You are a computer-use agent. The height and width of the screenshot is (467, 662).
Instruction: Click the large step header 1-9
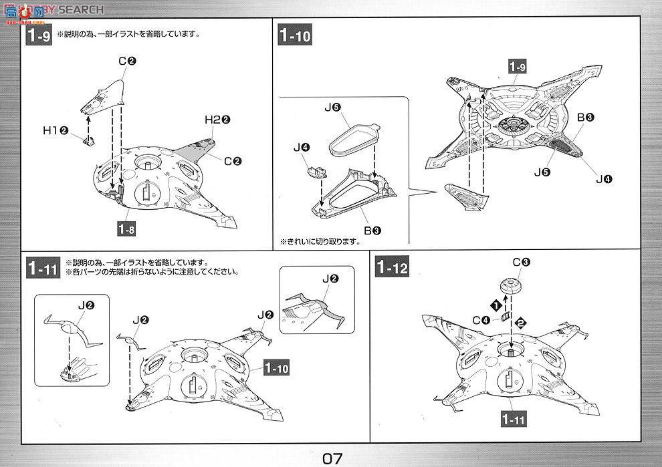38,35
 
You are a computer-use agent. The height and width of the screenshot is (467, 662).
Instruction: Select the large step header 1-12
392,267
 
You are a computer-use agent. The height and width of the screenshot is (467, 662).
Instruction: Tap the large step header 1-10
295,35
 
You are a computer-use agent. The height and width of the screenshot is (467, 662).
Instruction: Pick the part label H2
217,120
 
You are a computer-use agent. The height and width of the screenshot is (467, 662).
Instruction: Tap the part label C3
521,263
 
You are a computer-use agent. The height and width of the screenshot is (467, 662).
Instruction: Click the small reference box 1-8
128,229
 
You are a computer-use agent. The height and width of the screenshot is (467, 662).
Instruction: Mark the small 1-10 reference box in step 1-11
275,367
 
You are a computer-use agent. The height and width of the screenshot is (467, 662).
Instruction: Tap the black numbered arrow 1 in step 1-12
495,305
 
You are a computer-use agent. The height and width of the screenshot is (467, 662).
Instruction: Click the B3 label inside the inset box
372,230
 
